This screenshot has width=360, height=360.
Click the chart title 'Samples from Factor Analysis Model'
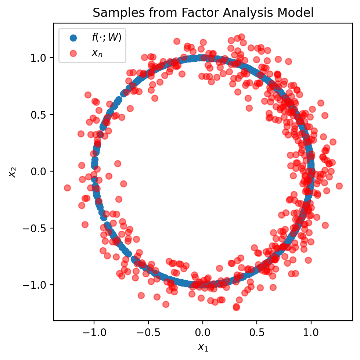pyautogui.click(x=203, y=13)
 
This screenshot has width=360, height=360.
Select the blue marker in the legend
pyautogui.click(x=74, y=37)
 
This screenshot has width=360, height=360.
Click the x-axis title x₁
pyautogui.click(x=203, y=347)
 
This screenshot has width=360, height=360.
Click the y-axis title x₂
pyautogui.click(x=12, y=172)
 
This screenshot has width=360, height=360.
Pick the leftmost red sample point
pyautogui.click(x=67, y=188)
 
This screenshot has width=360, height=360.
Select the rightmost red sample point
pyautogui.click(x=339, y=186)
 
